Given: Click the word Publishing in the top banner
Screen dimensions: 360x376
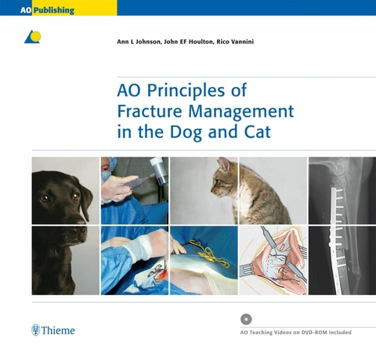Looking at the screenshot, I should pyautogui.click(x=49, y=10).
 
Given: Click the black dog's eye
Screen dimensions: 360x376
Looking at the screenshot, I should pyautogui.click(x=45, y=198).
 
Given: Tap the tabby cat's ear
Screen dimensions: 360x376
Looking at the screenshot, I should pyautogui.click(x=223, y=164).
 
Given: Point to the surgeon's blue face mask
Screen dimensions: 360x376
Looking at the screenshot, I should pyautogui.click(x=108, y=166).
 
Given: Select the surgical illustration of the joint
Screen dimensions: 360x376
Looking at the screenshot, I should pyautogui.click(x=272, y=261).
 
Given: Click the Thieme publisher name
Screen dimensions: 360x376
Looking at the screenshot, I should pyautogui.click(x=60, y=330).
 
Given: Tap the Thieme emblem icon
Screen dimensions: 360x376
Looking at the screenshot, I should pyautogui.click(x=35, y=330).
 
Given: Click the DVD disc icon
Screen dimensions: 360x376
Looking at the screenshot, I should pyautogui.click(x=247, y=319).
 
